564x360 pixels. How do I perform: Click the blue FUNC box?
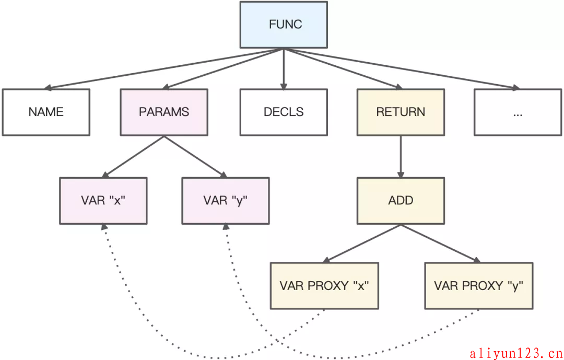(284, 25)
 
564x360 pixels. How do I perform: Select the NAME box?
(46, 112)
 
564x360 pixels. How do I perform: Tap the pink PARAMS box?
(164, 112)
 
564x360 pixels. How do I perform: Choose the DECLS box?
(284, 112)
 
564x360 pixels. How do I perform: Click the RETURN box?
(401, 112)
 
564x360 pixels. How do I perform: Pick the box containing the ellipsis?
(518, 112)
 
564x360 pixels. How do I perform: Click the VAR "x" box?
(103, 201)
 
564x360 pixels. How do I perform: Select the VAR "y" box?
(226, 201)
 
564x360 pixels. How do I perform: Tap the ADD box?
(401, 201)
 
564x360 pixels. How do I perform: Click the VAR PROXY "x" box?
(324, 286)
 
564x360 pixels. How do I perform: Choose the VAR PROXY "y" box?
(479, 286)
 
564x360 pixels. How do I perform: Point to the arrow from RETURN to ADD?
(401, 157)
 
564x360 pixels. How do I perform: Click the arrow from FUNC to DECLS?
(284, 69)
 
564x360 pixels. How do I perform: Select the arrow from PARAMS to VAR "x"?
(133, 157)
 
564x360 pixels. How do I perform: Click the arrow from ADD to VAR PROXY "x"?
(362, 243)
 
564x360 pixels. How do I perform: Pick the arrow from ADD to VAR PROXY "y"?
(441, 243)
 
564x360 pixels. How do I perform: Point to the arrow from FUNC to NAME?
(163, 68)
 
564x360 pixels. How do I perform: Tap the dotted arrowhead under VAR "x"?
(104, 227)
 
